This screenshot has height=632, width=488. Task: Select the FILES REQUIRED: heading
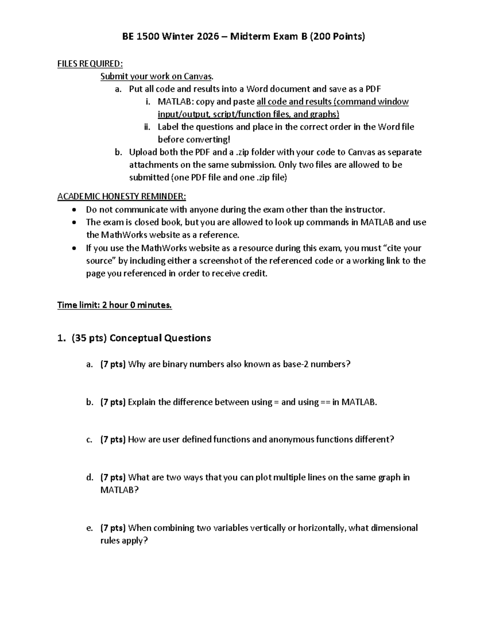tap(90, 63)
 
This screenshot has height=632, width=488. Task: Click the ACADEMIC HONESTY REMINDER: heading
tap(122, 197)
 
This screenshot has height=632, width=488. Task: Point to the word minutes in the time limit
tap(155, 305)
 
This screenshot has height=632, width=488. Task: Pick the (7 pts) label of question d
tap(113, 477)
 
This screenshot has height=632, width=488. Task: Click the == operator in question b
tap(326, 402)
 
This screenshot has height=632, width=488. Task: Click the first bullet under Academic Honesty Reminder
tap(73, 210)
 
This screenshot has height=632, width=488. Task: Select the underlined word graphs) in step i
tap(323, 114)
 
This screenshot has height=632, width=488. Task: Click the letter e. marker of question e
tap(90, 528)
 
